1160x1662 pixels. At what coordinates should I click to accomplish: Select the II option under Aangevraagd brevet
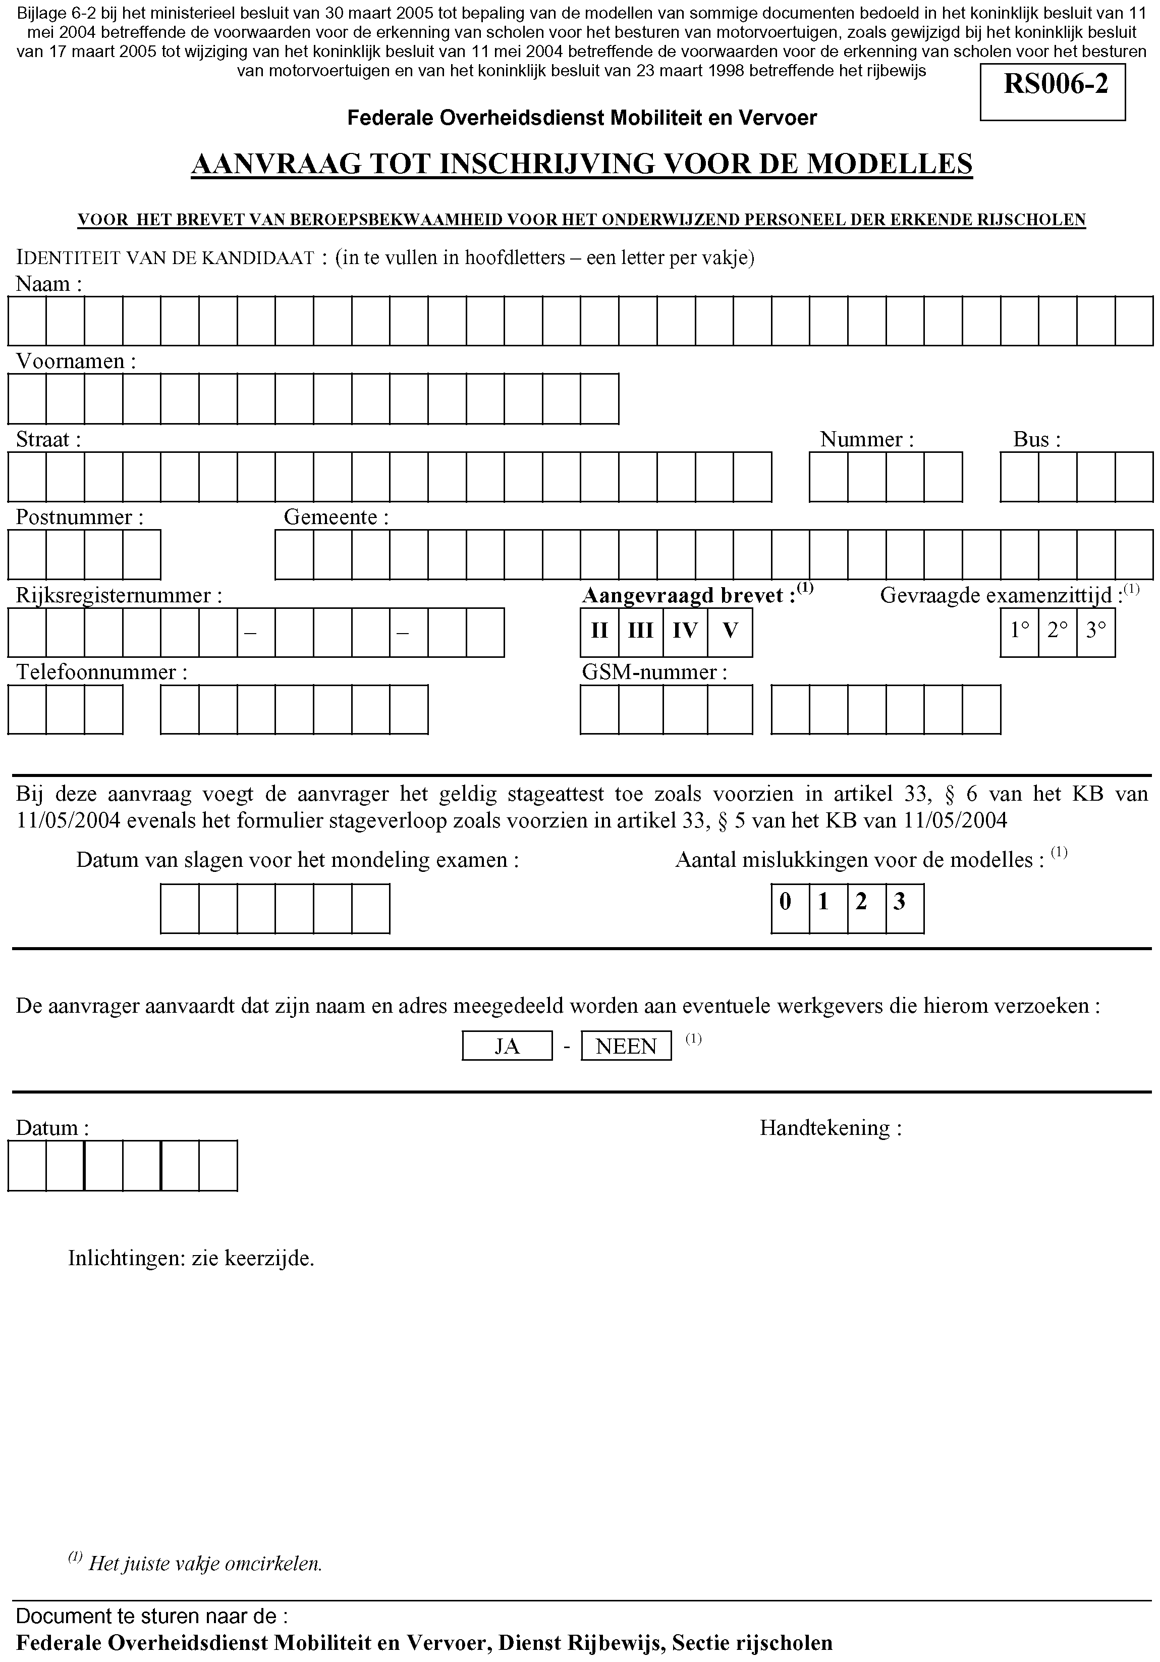click(599, 632)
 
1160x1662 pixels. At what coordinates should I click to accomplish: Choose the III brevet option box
click(640, 632)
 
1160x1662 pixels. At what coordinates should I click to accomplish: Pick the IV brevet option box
click(685, 632)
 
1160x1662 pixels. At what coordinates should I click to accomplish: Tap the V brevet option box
click(730, 632)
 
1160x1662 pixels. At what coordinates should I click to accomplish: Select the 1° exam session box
click(1019, 632)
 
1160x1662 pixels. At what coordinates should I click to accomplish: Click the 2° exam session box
click(1057, 632)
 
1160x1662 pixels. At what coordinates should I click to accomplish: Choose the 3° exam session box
click(1095, 632)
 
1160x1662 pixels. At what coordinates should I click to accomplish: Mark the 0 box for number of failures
click(790, 908)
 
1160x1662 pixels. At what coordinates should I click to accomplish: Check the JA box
click(507, 1046)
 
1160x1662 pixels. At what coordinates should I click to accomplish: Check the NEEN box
click(626, 1046)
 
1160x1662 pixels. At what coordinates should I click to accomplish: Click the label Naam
click(43, 284)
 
